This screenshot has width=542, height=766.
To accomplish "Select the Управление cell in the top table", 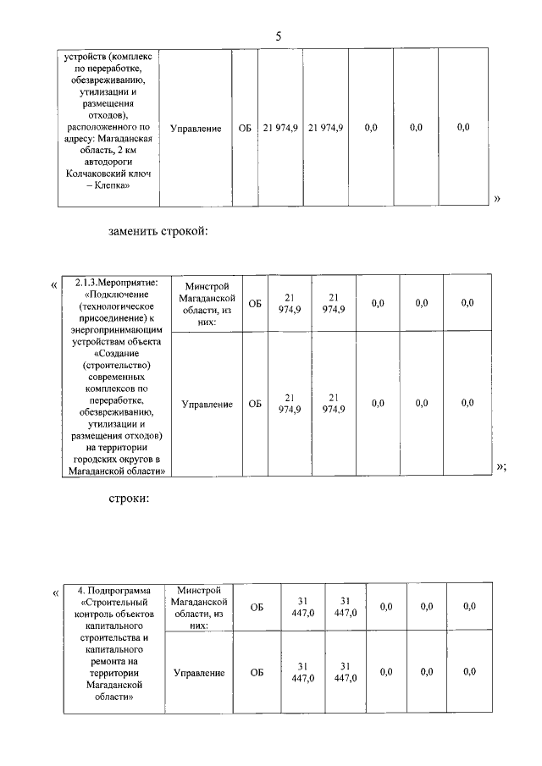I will (196, 129).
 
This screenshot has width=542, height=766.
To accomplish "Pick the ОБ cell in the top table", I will (245, 129).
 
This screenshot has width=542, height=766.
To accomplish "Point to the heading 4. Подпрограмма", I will (113, 590).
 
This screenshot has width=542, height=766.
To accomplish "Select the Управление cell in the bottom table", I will (199, 673).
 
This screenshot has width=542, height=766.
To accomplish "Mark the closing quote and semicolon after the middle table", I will (501, 467).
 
